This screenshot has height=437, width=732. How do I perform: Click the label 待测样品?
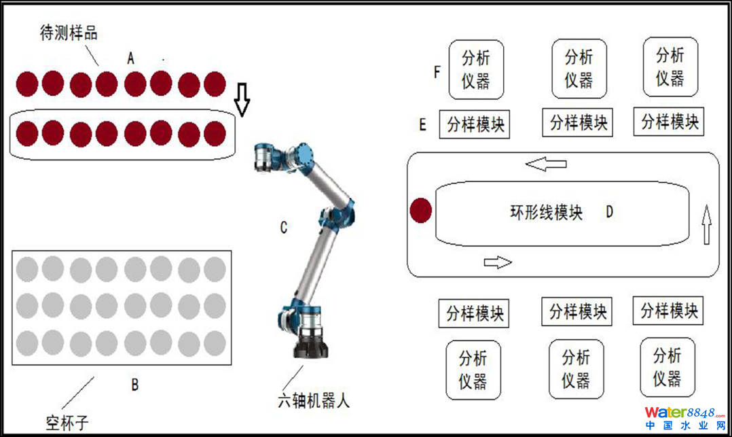click(69, 33)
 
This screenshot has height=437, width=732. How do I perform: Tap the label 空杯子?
click(67, 423)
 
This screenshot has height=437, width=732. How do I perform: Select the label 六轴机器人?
click(314, 400)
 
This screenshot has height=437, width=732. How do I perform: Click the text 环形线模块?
click(546, 213)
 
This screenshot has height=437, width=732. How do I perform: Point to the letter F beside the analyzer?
click(437, 72)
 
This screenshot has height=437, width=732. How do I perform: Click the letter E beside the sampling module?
click(422, 124)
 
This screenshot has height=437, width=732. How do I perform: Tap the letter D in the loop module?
click(609, 212)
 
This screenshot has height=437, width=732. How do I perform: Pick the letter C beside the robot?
click(283, 227)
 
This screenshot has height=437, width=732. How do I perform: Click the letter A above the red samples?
click(130, 58)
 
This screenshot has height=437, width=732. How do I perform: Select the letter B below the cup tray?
click(135, 385)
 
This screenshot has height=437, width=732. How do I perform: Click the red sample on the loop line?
click(420, 210)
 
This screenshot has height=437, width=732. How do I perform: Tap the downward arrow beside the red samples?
click(242, 99)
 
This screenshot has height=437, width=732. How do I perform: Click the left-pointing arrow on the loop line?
click(546, 164)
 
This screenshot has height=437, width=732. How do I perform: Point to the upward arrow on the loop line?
click(707, 224)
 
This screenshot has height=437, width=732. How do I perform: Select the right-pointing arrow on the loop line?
click(498, 262)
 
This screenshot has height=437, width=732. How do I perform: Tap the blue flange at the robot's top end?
click(305, 154)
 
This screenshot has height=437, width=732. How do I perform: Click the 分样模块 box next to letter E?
click(474, 124)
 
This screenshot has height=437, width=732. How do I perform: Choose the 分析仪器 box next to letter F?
click(476, 69)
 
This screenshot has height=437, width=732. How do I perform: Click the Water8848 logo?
click(685, 418)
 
